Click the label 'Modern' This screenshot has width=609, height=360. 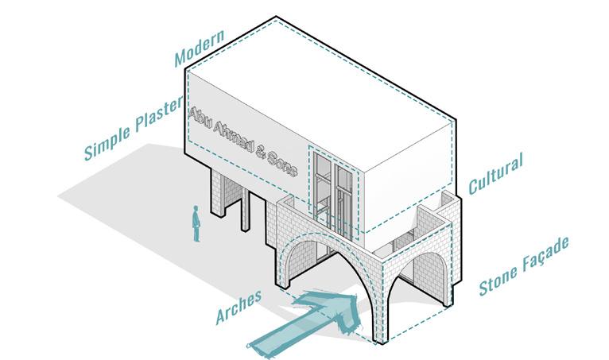click(x=201, y=50)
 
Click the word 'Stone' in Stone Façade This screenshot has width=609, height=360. click(x=501, y=279)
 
